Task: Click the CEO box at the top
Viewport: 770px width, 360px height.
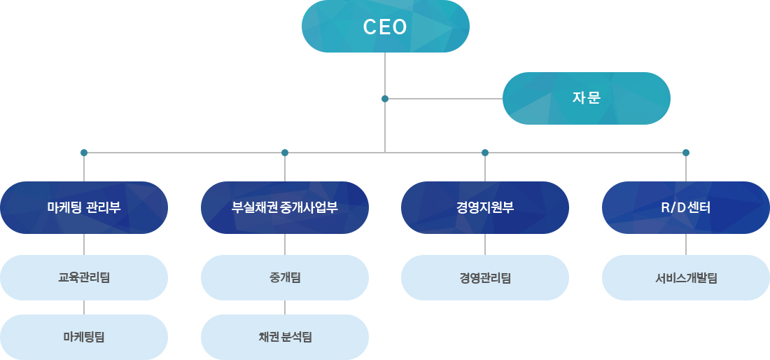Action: click(386, 27)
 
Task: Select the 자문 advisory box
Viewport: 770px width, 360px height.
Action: click(587, 98)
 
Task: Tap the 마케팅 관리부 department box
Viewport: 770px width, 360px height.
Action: click(84, 208)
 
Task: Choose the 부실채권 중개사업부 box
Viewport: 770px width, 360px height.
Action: click(285, 208)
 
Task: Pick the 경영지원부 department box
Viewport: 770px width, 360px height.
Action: click(485, 208)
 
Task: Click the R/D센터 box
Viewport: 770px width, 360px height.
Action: click(686, 208)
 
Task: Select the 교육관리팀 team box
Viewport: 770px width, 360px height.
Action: click(84, 277)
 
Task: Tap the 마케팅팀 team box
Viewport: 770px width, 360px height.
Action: click(84, 337)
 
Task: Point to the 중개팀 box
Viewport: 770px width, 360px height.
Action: click(285, 277)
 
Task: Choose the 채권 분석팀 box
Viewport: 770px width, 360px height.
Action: click(285, 337)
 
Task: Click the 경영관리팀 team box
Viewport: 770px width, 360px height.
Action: click(485, 277)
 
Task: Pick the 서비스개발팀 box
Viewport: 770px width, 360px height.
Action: click(686, 277)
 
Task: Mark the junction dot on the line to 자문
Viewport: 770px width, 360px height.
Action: click(385, 99)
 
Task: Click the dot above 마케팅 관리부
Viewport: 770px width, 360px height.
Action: click(84, 153)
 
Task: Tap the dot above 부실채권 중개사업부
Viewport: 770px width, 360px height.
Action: click(285, 153)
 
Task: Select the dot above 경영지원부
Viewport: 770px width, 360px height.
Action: click(485, 153)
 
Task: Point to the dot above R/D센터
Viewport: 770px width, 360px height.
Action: click(686, 153)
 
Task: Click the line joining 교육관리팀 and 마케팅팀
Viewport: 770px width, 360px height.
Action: click(84, 307)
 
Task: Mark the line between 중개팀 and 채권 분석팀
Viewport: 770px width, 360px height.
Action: click(285, 307)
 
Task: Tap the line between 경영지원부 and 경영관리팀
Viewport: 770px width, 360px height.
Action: click(485, 244)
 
